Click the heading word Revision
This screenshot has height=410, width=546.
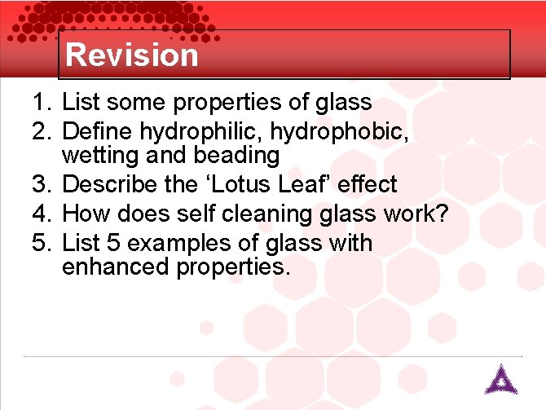point(132,55)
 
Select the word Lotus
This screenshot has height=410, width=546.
point(242,185)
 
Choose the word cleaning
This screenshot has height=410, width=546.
point(280,214)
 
